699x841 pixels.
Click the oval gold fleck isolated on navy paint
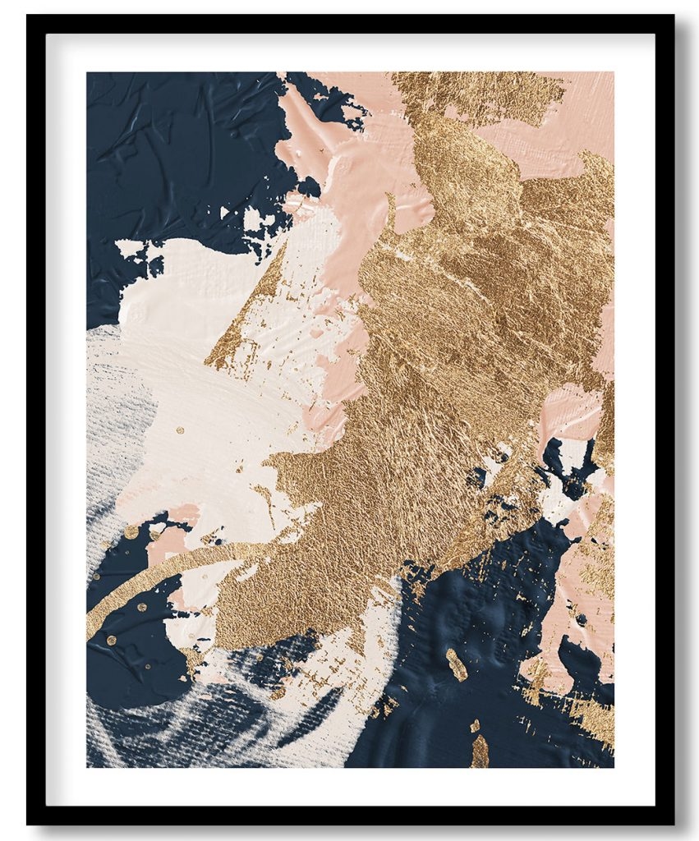click(x=456, y=664)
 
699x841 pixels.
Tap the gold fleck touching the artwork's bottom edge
click(x=480, y=751)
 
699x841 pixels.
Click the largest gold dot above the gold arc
click(x=131, y=532)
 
